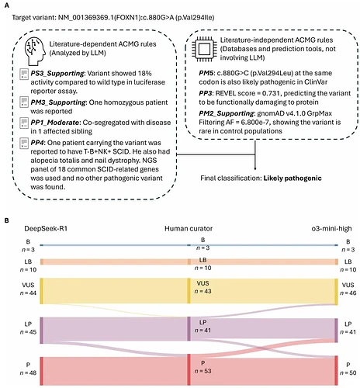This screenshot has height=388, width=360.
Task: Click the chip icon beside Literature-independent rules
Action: click(x=204, y=49)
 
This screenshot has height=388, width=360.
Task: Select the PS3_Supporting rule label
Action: click(x=57, y=74)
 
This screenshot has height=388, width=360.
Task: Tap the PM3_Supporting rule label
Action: click(x=58, y=102)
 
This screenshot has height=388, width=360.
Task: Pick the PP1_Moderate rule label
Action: click(x=55, y=123)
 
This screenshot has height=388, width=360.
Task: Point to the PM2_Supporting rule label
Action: click(x=227, y=113)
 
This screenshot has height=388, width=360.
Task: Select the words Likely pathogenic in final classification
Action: click(x=292, y=178)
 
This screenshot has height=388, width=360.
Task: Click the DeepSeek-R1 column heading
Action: click(x=46, y=229)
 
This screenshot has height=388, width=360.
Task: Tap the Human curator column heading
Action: click(x=189, y=229)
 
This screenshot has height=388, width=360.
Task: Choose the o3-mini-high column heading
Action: click(x=331, y=229)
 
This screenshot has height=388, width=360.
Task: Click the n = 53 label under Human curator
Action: click(x=202, y=371)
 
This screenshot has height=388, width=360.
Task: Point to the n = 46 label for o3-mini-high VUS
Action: click(x=348, y=293)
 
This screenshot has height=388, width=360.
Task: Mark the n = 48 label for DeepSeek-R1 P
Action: click(x=28, y=372)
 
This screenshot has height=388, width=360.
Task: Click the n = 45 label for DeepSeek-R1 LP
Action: click(x=28, y=332)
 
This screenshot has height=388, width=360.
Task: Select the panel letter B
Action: click(x=7, y=220)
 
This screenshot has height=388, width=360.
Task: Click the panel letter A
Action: click(x=7, y=5)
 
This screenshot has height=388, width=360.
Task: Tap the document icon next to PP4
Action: click(x=24, y=144)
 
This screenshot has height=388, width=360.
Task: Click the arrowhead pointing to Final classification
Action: click(x=255, y=168)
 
